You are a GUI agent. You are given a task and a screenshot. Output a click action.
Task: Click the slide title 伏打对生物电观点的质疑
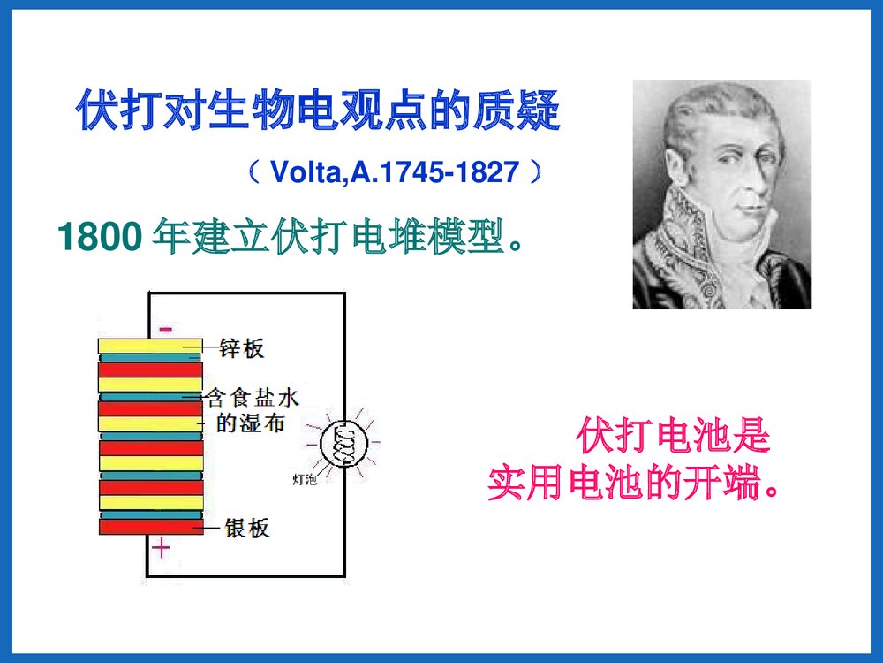click(x=318, y=110)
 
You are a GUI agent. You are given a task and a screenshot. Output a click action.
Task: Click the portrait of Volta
click(x=721, y=194)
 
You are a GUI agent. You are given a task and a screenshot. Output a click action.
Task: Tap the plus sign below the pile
click(x=161, y=549)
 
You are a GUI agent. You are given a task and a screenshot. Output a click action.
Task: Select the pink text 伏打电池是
click(x=674, y=437)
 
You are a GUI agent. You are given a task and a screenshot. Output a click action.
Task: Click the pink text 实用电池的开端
click(x=634, y=484)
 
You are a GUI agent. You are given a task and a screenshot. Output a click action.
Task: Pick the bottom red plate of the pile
click(x=150, y=527)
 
